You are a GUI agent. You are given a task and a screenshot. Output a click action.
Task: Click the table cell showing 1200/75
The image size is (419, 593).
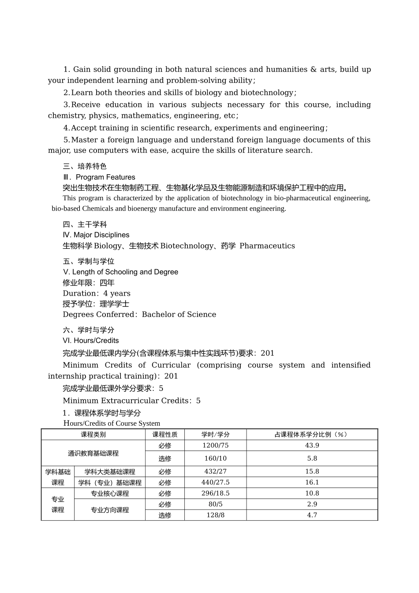215,445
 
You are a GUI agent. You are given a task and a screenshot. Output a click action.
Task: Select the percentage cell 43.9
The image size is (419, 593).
312,445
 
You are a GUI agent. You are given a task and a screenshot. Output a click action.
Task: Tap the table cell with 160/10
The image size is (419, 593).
215,458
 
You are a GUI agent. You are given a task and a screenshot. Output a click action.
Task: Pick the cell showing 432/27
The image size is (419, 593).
215,471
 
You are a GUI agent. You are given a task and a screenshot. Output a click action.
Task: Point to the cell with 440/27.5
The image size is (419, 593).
215,482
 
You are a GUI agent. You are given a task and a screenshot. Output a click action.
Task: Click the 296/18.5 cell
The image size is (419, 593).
215,493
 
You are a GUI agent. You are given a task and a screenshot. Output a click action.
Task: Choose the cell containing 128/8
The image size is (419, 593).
215,515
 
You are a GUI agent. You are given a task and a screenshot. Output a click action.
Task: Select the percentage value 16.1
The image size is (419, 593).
312,482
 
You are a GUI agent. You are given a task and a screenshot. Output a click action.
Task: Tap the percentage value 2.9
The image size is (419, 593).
312,504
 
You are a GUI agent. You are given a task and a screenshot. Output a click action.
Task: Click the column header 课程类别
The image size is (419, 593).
93,434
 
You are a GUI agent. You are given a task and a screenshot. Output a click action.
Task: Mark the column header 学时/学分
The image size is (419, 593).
215,434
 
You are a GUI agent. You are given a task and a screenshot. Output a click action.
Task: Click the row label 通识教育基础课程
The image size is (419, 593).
93,453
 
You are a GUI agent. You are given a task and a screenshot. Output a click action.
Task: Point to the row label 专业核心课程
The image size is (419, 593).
110,493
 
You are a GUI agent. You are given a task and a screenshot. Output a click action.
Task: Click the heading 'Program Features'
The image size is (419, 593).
105,177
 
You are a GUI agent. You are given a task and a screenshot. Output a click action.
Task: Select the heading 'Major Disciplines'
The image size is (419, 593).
101,235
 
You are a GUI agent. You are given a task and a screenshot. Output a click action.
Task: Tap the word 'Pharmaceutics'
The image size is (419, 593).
267,246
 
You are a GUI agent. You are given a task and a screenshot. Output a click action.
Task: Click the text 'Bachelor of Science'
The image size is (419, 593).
179,314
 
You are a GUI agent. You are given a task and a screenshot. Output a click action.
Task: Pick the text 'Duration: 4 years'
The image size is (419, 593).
97,293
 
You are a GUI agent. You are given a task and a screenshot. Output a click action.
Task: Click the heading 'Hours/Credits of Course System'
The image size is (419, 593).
112,423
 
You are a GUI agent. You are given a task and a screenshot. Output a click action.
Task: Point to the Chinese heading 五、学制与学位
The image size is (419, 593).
89,261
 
